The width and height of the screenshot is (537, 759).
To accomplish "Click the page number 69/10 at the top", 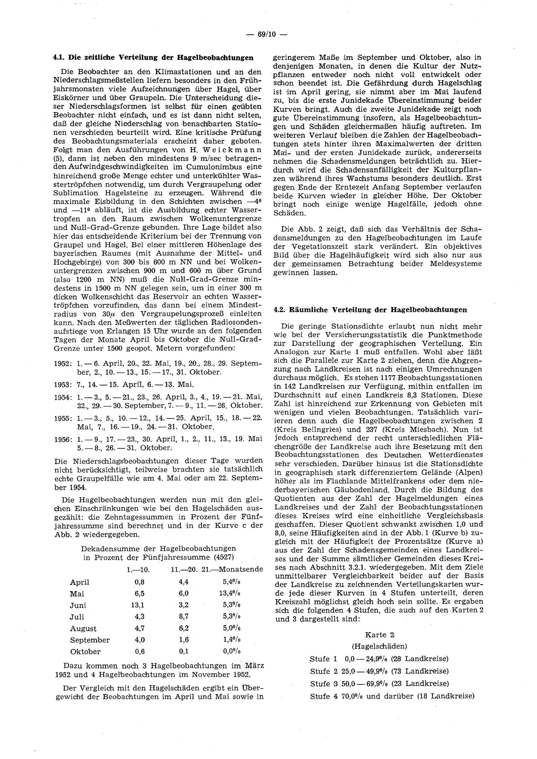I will [268, 34].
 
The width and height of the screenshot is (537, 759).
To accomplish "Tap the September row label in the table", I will [90, 640].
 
